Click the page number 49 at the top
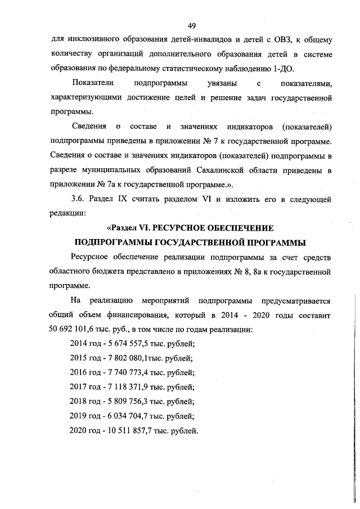click(191, 26)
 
